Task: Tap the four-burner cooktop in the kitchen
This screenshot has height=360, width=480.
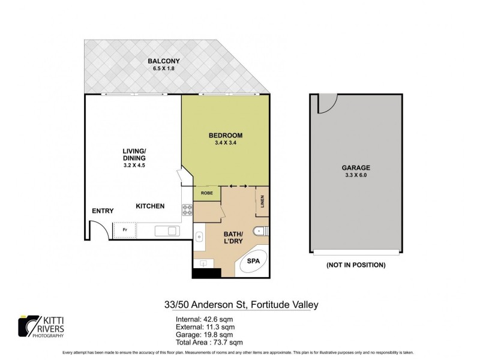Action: (x=187, y=211)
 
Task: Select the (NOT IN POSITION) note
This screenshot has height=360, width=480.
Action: (x=355, y=265)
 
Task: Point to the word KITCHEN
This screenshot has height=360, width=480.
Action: (x=150, y=206)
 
